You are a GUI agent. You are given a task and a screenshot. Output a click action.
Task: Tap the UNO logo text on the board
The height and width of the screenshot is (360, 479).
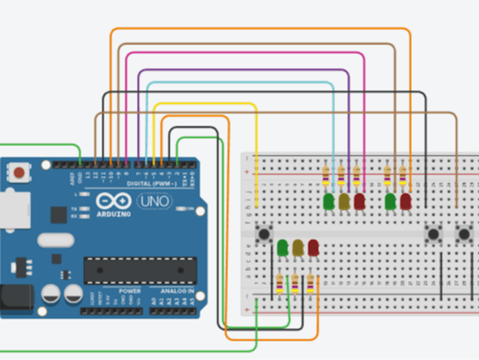tap(155, 202)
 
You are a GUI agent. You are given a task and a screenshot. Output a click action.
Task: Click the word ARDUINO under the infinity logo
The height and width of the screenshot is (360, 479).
tap(114, 214)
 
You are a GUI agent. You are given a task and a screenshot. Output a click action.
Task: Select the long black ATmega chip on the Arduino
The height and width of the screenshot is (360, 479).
tap(140, 270)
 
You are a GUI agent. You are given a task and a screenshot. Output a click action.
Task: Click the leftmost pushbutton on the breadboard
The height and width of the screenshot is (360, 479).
tap(264, 234)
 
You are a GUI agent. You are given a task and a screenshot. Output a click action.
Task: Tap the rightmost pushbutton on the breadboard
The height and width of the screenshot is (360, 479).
tap(465, 234)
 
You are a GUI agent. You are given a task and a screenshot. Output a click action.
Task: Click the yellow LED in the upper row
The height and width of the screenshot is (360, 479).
tap(344, 202)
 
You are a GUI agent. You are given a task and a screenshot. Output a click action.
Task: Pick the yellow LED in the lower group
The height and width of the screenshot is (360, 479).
tap(298, 247)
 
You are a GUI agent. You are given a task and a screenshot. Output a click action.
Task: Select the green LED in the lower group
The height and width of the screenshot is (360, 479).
tap(282, 247)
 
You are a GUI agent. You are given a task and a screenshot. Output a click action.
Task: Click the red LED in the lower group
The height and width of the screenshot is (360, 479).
tap(313, 247)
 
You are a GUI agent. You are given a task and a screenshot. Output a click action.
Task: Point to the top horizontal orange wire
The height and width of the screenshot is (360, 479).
tap(261, 29)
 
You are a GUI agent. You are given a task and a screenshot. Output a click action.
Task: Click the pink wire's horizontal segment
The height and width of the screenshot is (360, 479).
tap(245, 53)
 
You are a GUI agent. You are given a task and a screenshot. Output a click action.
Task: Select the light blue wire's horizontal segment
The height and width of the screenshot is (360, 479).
tap(240, 82)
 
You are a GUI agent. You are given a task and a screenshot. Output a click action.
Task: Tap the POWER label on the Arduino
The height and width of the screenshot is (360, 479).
tap(129, 291)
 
